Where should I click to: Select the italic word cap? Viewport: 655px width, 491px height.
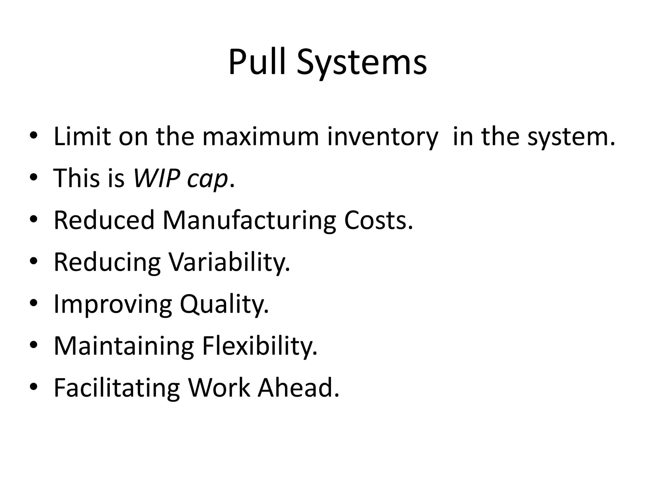click(208, 179)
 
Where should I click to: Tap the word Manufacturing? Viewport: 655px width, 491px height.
click(249, 221)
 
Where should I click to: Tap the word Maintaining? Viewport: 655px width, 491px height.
click(124, 346)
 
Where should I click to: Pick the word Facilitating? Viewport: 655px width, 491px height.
click(117, 388)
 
